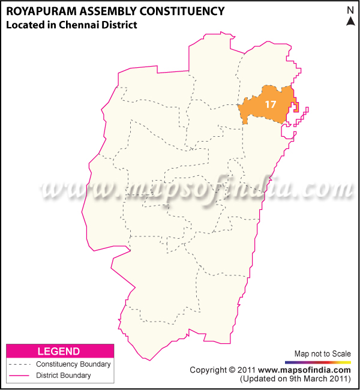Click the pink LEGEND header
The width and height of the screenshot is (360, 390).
click(x=59, y=351)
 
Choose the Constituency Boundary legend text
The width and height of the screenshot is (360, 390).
click(x=73, y=364)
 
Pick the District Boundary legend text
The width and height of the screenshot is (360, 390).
click(x=64, y=376)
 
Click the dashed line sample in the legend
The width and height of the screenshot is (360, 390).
click(x=19, y=364)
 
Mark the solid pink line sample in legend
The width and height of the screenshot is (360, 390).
click(x=19, y=376)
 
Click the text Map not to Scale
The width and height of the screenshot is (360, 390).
click(x=322, y=353)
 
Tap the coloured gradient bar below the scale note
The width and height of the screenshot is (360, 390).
click(x=318, y=362)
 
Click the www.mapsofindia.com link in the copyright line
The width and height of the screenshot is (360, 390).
click(x=305, y=370)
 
